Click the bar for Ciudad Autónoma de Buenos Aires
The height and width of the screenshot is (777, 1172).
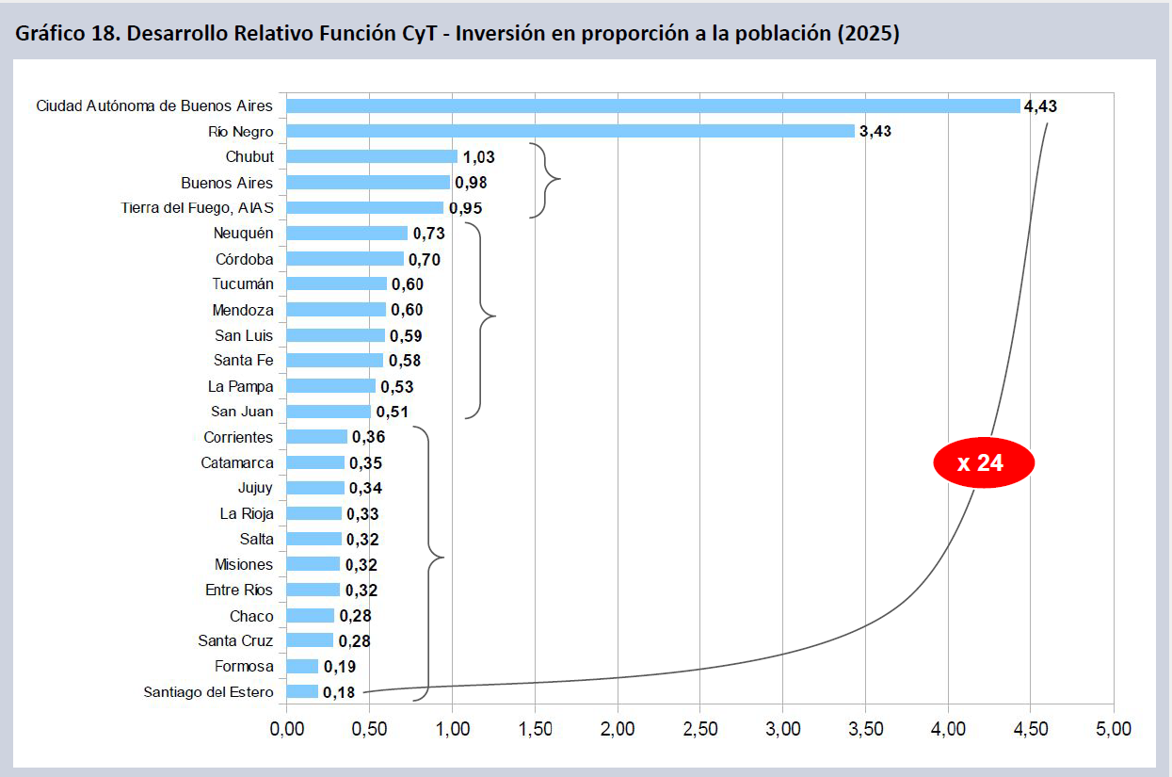pos(653,105)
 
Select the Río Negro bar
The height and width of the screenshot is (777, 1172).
pos(570,131)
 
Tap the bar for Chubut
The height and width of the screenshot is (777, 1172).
pos(372,156)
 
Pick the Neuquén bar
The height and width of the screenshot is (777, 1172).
pos(347,233)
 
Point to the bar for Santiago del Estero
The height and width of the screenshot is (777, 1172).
pos(302,691)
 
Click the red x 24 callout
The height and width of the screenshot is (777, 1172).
pos(984,462)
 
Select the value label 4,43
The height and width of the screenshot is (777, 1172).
pos(1040,105)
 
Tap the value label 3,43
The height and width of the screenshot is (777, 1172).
pos(875,131)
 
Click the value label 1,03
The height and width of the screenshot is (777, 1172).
pos(478,156)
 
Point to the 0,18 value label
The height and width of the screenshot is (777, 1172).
pos(339,692)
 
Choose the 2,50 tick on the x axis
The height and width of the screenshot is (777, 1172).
pos(700,728)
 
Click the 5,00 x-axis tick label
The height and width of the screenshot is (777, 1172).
pos(1113,728)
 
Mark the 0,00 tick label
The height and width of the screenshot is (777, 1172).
pos(286,728)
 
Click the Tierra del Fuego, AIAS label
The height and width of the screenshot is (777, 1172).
pos(198,207)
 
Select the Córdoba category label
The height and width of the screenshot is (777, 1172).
pos(244,258)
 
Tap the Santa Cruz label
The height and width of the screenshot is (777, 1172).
pos(235,640)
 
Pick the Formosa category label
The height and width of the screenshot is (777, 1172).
pos(244,666)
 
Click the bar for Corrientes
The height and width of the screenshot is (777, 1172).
pos(317,436)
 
